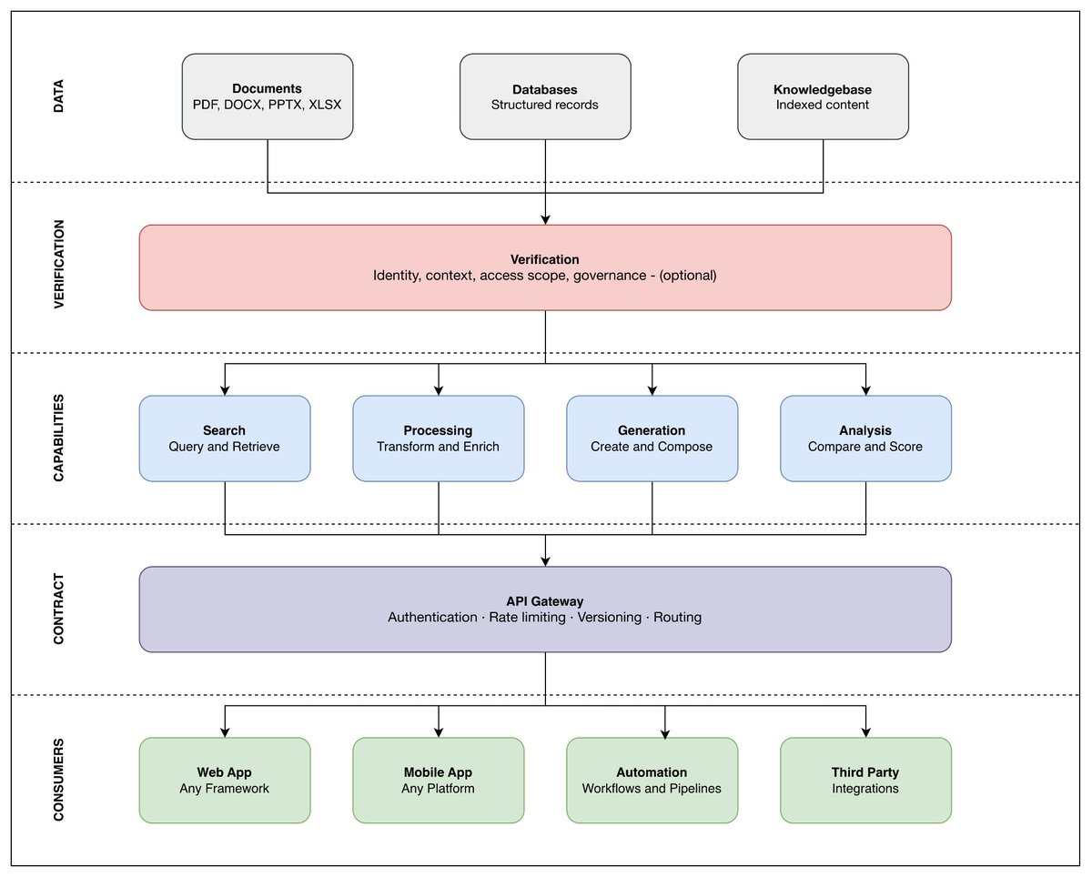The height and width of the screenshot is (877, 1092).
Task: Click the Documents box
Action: coord(268,96)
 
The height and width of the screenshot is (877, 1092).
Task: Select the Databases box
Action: coord(545,96)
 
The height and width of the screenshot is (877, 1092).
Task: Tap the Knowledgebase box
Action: coord(823,96)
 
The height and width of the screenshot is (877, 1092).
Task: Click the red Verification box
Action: coord(545,267)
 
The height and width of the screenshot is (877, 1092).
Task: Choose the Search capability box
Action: coord(225,438)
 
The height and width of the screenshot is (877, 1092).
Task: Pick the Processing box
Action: coord(439,438)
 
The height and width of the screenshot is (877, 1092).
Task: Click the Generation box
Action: coord(652,438)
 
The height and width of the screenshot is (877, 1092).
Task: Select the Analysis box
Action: coord(865,438)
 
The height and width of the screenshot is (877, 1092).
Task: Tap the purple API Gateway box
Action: coord(545,610)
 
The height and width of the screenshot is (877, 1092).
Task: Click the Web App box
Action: coord(225,781)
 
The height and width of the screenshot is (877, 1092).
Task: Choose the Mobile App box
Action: coord(439,781)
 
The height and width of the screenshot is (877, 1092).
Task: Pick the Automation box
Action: coord(652,781)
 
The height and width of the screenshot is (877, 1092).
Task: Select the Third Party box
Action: coord(865,781)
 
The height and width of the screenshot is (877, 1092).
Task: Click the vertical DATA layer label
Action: coord(59,96)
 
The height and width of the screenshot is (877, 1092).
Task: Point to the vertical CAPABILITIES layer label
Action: coord(59,438)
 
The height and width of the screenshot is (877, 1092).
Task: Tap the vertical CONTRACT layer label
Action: coord(59,609)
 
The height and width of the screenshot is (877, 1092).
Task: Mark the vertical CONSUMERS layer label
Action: coord(59,780)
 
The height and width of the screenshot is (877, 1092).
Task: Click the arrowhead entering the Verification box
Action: coord(545,219)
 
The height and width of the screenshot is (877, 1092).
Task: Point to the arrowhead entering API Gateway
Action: coord(545,561)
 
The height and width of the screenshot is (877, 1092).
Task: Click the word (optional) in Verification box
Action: coord(688,276)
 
